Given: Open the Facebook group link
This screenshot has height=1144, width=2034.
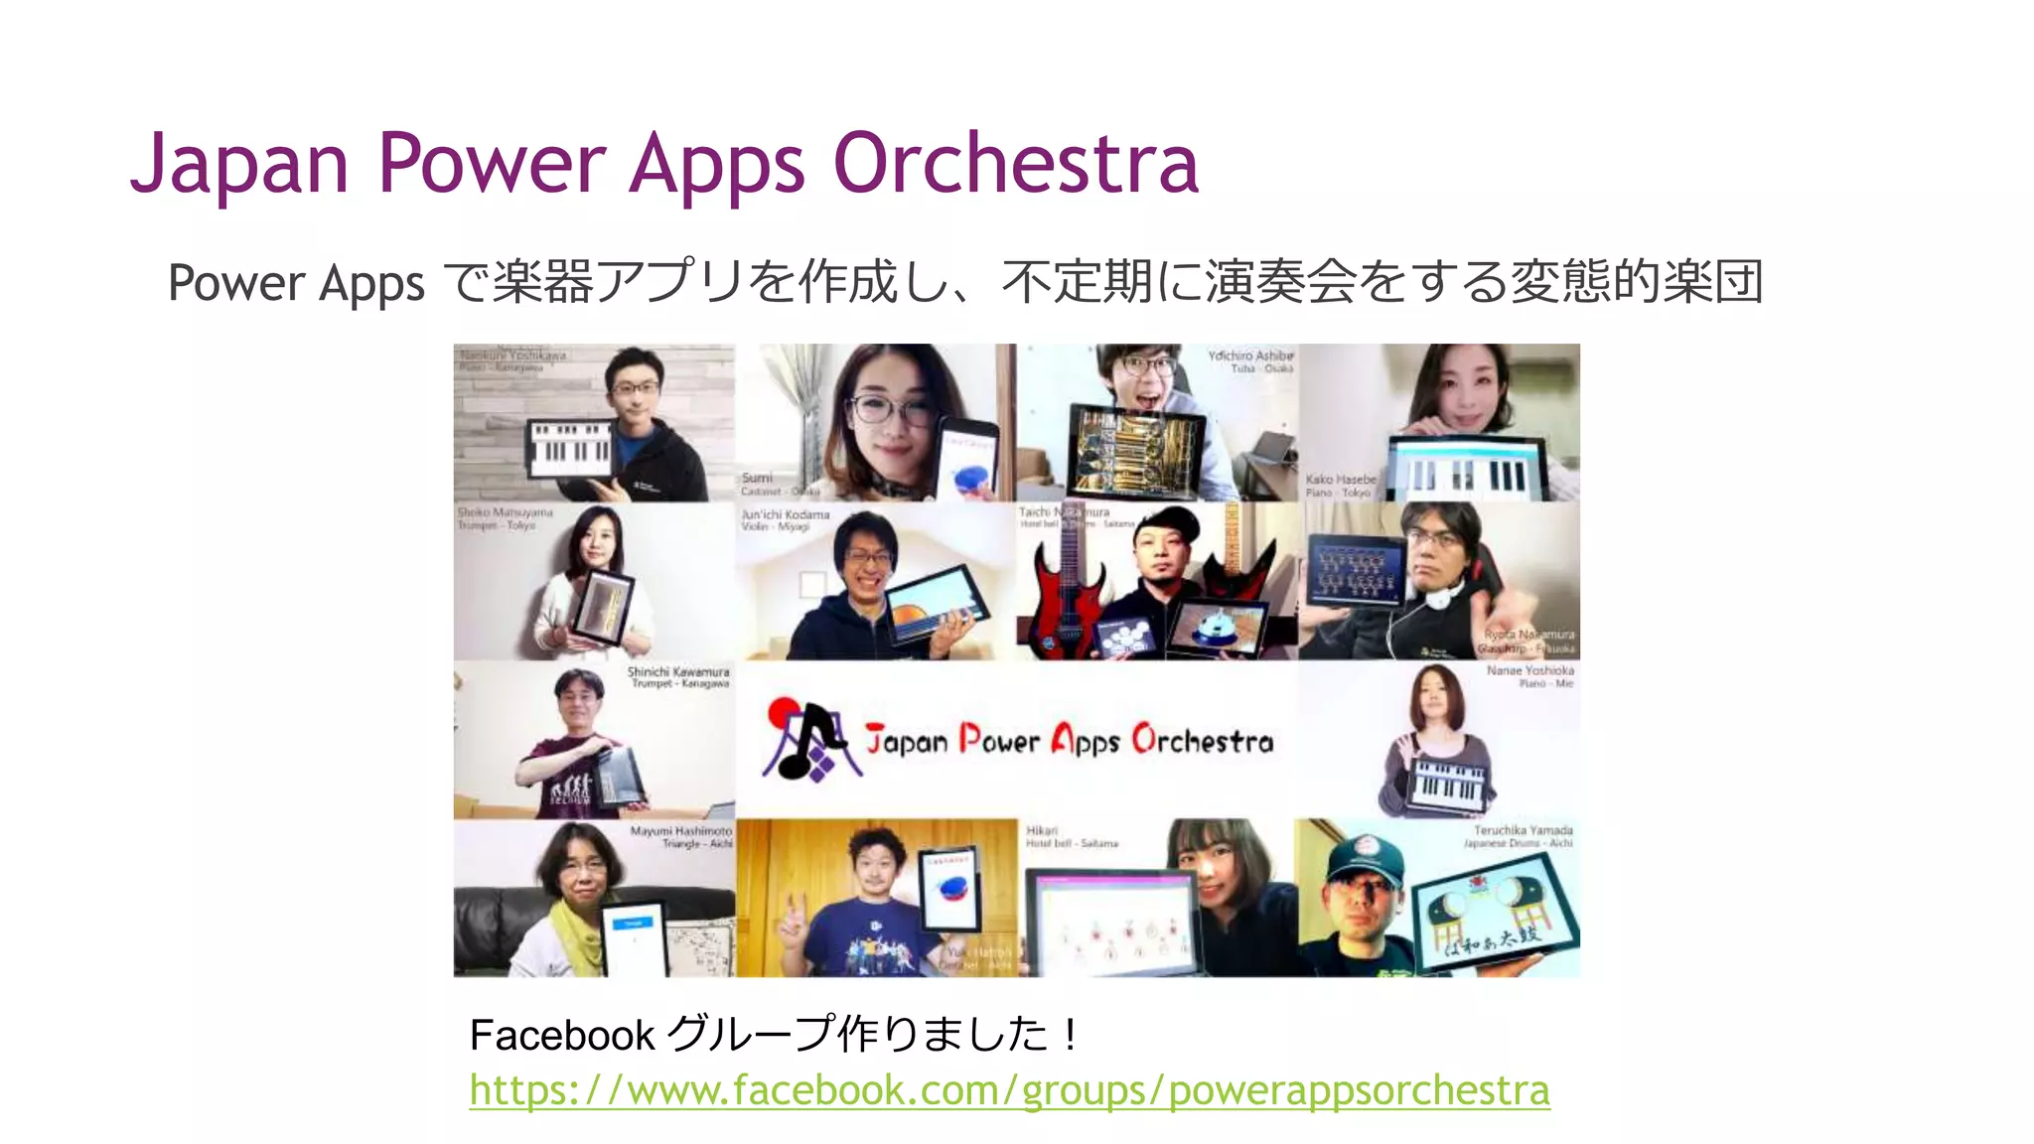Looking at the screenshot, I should (x=1009, y=1090).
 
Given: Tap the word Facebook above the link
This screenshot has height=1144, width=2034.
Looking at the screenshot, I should (x=561, y=1036).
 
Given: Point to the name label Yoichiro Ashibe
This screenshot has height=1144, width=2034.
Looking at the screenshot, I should (x=1250, y=356).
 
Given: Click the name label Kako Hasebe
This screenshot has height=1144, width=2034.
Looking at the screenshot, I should (x=1341, y=480).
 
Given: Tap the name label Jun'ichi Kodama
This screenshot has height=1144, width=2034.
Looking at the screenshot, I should (x=785, y=514).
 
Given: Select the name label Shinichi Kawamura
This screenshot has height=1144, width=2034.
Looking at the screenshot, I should (x=678, y=672).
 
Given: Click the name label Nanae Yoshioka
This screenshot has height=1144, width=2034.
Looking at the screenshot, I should (x=1529, y=671).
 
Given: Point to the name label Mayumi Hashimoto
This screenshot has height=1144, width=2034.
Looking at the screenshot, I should (x=681, y=831).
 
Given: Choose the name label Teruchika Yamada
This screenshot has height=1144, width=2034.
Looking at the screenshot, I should (x=1523, y=830).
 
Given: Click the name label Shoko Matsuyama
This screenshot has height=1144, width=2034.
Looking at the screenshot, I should (x=505, y=513).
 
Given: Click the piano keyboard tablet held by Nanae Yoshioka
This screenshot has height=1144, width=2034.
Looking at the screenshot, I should (x=1450, y=786).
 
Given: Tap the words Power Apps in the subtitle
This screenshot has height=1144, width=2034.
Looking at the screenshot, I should (x=296, y=284).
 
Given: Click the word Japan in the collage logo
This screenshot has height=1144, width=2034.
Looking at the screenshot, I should (x=906, y=741).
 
